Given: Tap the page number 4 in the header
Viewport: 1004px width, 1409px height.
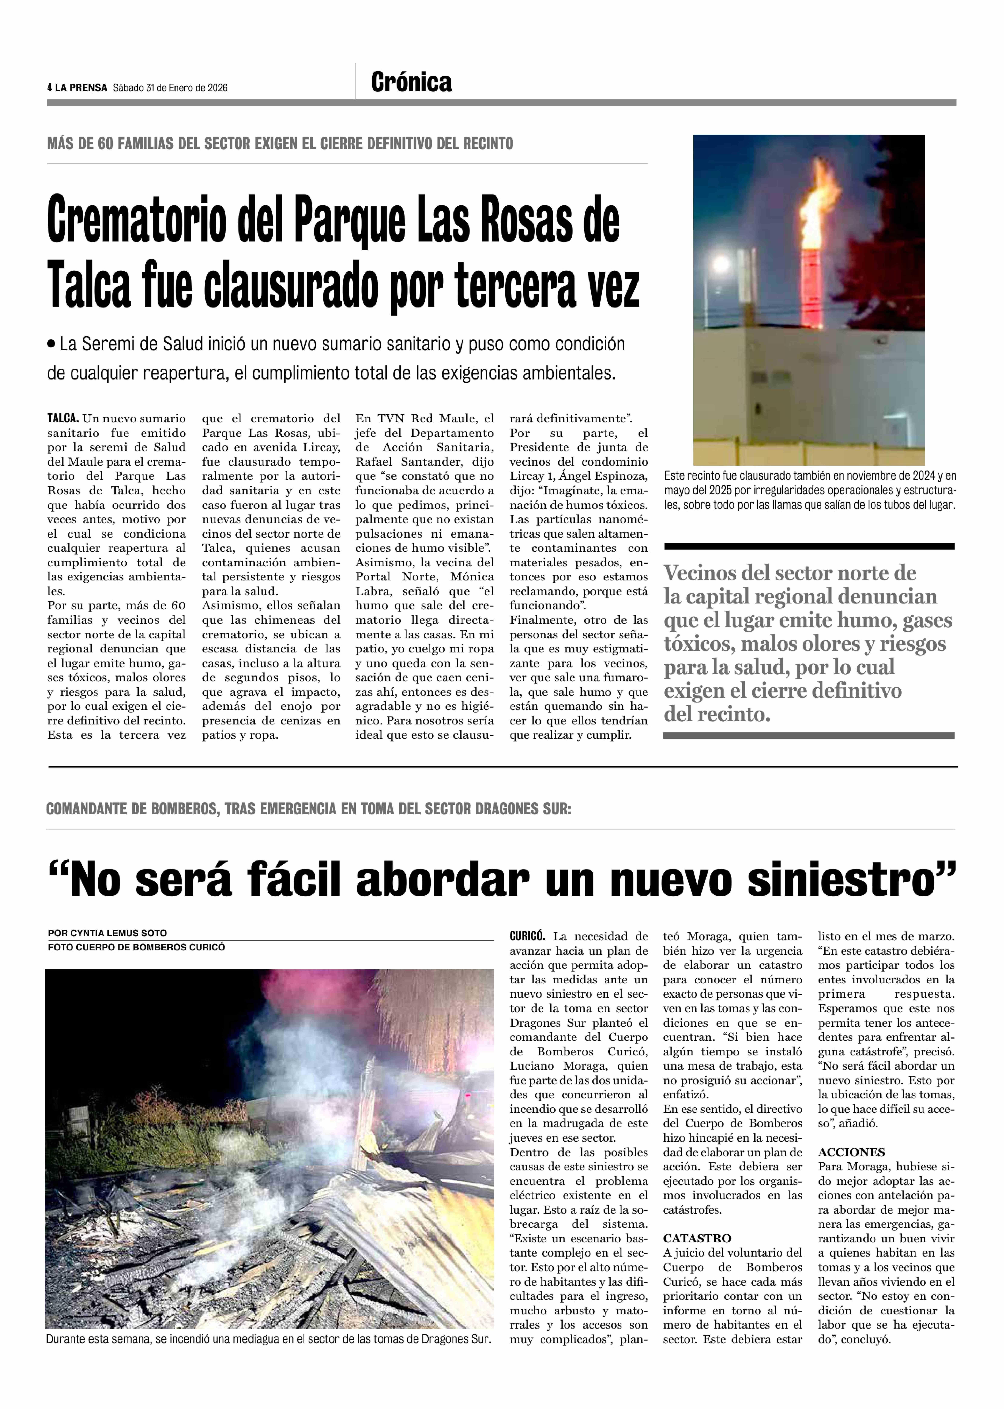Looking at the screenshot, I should point(49,88).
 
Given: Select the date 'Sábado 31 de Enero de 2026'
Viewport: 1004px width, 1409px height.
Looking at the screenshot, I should point(170,88).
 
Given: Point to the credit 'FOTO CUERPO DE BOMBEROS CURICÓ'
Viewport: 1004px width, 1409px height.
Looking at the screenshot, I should point(136,947).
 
